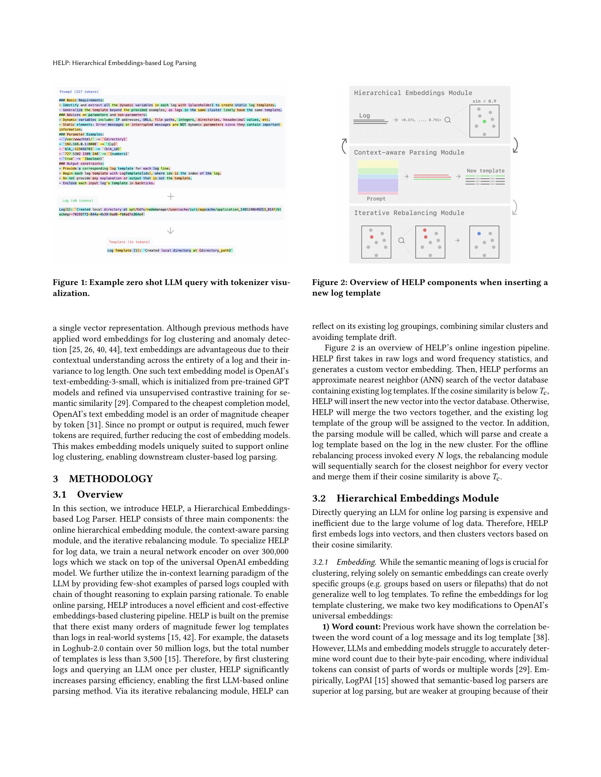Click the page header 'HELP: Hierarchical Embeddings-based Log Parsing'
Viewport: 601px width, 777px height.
124,63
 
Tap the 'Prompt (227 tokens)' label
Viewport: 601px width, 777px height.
79,92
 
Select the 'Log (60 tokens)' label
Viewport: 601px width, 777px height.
78,201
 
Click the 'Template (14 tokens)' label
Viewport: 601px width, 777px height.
129,242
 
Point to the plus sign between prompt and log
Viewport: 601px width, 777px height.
171,196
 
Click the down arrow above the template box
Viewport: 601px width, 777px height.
170,231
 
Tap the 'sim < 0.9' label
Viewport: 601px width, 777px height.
484,101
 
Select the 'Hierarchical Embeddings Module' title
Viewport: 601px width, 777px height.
413,93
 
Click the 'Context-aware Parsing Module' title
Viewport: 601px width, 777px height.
409,153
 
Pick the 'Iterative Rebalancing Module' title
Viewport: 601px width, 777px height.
409,213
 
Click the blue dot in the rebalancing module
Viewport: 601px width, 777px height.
479,234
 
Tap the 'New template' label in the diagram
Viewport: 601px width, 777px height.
486,171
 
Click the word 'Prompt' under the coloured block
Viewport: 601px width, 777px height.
376,199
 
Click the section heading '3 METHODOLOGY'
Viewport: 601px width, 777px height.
103,479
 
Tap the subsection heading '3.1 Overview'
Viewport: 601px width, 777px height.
88,494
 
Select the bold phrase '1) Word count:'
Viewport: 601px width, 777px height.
351,627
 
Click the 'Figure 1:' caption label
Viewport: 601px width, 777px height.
70,283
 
